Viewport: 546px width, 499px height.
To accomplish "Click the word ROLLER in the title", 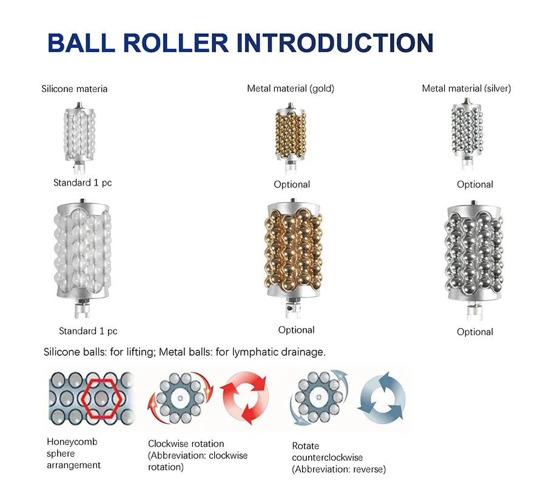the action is click(175, 43).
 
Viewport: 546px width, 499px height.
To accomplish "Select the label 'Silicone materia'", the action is click(74, 89).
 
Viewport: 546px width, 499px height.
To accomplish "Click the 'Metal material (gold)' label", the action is click(291, 89).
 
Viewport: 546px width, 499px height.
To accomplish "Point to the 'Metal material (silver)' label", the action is click(467, 89).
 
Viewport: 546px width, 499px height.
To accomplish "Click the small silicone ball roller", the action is click(79, 138).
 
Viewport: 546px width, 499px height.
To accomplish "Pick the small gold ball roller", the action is click(291, 138).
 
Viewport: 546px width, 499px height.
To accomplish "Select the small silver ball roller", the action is click(467, 134).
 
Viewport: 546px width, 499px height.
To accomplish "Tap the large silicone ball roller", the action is click(83, 258).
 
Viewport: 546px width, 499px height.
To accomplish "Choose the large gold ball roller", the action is click(294, 258).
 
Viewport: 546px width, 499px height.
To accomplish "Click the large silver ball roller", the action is click(474, 260).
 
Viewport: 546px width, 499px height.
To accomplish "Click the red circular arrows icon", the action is click(245, 398).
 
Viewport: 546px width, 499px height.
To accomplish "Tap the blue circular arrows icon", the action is click(382, 397).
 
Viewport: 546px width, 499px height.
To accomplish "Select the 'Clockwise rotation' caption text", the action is click(186, 444).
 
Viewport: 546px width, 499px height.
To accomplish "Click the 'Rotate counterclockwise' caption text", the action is click(328, 452).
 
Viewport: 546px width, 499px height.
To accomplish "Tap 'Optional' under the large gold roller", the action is click(296, 330).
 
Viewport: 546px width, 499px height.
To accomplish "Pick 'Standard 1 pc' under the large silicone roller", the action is click(88, 331).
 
